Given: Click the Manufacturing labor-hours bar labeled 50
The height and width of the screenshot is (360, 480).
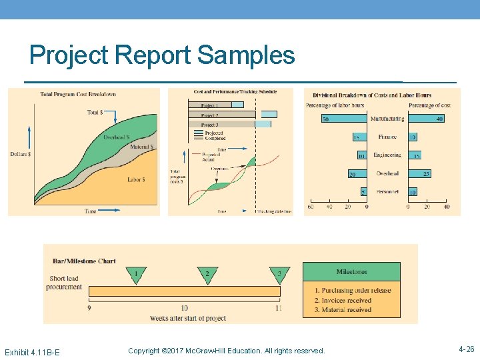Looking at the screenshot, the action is (x=344, y=119).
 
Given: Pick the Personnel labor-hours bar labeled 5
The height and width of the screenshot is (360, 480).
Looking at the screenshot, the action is (x=364, y=192).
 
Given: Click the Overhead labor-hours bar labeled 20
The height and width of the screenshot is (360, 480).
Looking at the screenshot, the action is (x=357, y=174).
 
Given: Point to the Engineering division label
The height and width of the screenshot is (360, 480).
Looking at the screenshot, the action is (x=387, y=155).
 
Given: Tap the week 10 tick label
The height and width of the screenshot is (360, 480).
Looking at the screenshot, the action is (x=184, y=308).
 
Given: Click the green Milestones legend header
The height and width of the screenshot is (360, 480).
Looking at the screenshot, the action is (x=351, y=272).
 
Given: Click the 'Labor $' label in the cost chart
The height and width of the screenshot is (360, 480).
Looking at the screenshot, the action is (x=137, y=179).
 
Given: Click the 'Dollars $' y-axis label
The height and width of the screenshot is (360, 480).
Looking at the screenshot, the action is (x=21, y=154).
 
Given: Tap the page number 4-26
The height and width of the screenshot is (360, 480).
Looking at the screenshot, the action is (x=466, y=349).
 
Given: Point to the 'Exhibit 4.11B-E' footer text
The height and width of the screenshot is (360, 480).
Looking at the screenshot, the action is (x=32, y=351).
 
